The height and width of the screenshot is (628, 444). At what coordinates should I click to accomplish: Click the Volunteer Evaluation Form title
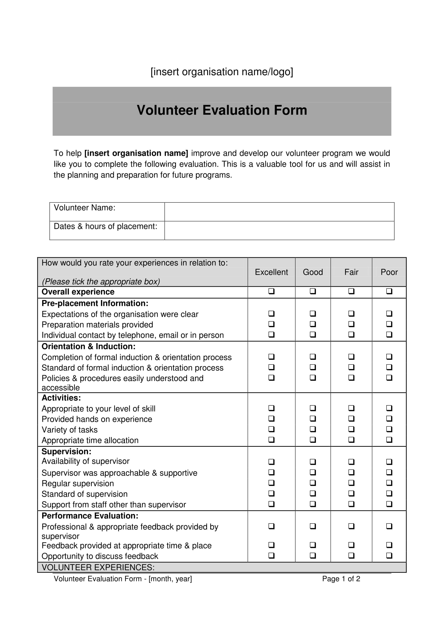pos(222,110)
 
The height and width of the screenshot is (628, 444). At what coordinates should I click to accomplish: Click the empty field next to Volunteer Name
pos(279,212)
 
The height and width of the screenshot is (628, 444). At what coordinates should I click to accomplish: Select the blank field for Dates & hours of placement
pos(279,230)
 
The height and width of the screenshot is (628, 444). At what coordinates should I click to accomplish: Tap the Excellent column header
pos(271,272)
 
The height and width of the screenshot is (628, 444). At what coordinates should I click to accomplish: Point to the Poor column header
pos(389,272)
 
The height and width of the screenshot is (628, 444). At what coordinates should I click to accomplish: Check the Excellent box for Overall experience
pos(271,291)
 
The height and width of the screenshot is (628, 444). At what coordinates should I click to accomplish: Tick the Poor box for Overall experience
pos(389,291)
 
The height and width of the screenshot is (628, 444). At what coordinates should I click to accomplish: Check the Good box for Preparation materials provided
pos(313,324)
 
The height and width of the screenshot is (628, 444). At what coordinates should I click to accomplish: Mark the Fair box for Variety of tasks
pos(351,429)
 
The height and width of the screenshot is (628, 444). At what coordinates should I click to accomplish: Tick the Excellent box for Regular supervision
pos(271,483)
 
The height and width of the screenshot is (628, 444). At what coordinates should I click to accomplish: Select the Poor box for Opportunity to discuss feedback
pos(389,556)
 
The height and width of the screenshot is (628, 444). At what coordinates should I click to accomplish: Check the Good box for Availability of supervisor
pos(313,462)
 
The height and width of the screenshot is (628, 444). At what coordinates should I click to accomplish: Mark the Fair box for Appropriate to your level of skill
pos(351,408)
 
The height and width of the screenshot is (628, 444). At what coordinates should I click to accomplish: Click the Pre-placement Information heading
pos(95,303)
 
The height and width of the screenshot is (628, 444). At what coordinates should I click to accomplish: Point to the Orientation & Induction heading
pos(88,346)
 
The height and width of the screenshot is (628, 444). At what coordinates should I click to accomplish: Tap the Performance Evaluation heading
pos(90,516)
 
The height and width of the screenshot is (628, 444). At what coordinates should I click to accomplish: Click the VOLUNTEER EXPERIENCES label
pos(98,567)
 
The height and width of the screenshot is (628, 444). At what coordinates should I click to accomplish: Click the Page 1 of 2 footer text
pos(341,579)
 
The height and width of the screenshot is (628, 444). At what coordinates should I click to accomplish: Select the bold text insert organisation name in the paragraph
pos(136,153)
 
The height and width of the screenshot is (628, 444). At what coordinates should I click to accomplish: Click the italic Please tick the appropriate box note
pos(101,281)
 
